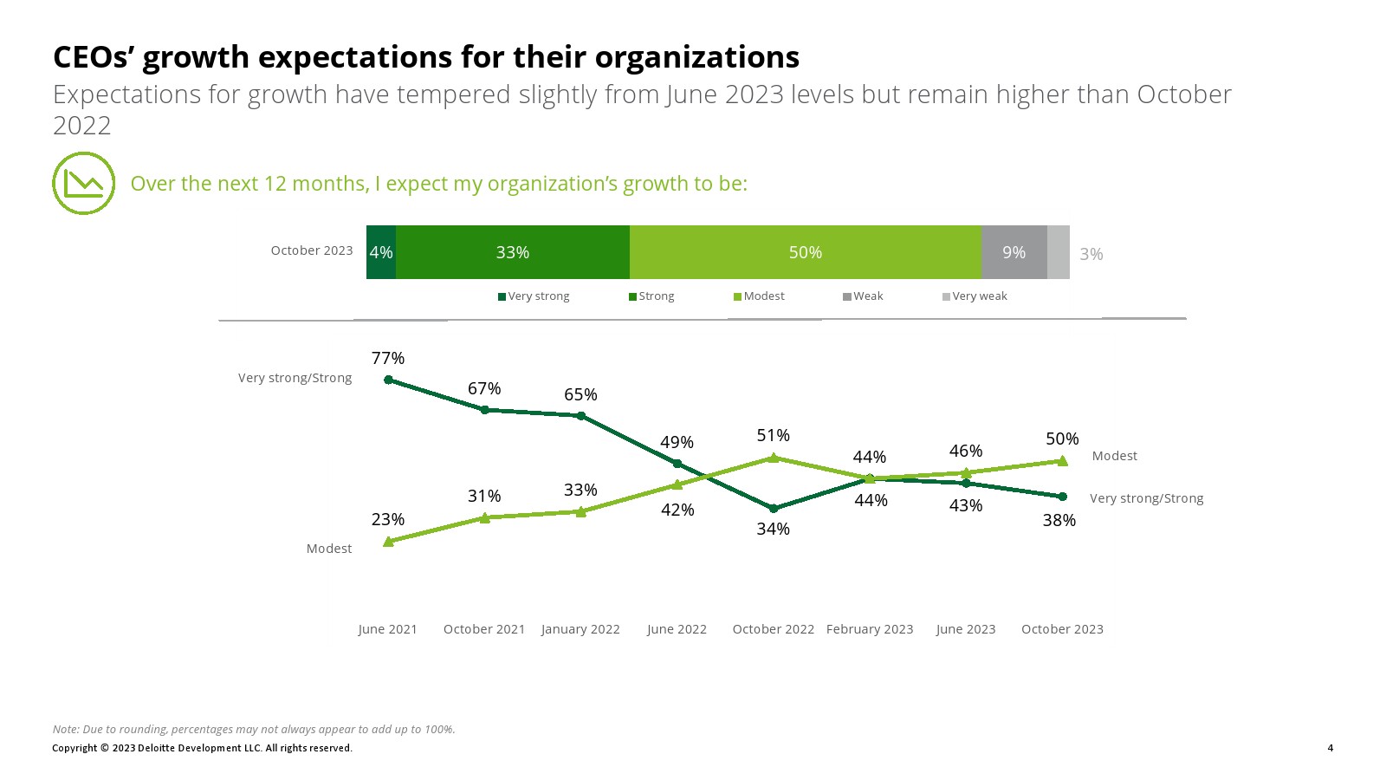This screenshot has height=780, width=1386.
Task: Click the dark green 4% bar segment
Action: (x=381, y=252)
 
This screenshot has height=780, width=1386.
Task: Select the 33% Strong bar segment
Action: (x=513, y=252)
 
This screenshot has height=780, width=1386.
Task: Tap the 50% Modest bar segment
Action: (x=806, y=252)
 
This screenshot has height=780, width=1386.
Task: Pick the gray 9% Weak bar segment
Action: (x=1014, y=252)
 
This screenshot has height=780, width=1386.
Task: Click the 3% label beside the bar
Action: (x=1091, y=254)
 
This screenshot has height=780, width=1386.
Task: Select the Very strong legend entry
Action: (x=534, y=296)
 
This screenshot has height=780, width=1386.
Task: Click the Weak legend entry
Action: (x=863, y=296)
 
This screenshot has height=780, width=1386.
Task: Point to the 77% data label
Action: (x=388, y=358)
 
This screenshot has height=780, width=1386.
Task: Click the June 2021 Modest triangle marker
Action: (x=388, y=542)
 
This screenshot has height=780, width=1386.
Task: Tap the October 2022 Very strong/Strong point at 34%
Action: (x=774, y=509)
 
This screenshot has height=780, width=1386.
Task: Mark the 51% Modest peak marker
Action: (x=774, y=458)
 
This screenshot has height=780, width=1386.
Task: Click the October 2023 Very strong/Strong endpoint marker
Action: (x=1063, y=497)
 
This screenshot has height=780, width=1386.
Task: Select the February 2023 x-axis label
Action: (x=870, y=629)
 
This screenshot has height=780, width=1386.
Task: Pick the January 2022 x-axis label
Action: (x=580, y=629)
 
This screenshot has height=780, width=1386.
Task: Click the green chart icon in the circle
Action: (x=84, y=184)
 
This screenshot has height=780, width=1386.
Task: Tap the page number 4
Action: (x=1331, y=748)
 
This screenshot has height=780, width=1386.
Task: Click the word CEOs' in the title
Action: (x=93, y=57)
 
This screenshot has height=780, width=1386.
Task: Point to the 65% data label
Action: (x=580, y=394)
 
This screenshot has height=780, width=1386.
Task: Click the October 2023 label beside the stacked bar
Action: (x=312, y=250)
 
